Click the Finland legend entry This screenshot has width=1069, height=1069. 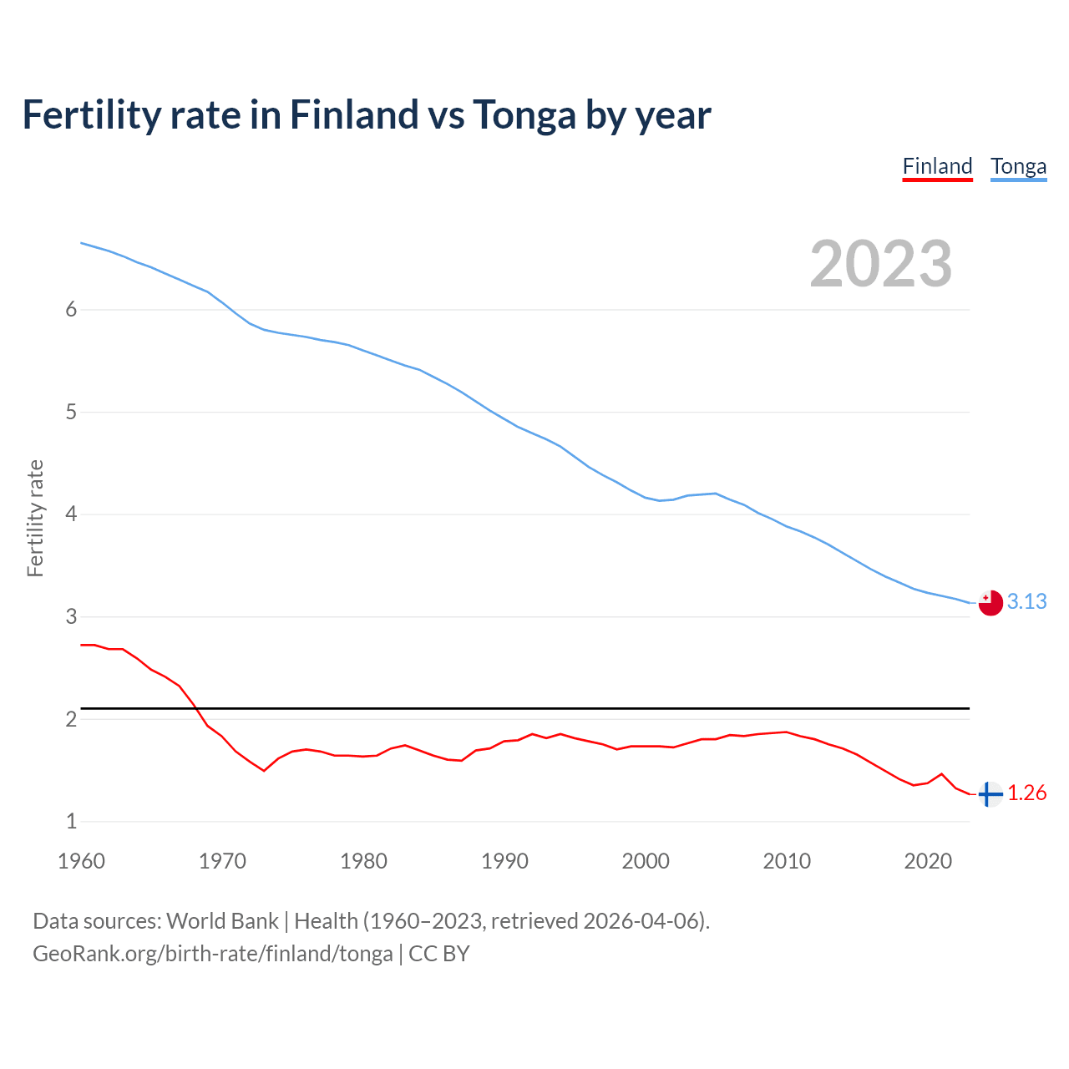click(x=937, y=166)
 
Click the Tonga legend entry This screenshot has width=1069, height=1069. click(x=1018, y=166)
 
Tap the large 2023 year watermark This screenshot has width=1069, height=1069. click(x=880, y=264)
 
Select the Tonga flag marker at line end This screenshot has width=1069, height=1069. click(x=990, y=602)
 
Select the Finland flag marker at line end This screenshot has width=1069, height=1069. click(x=990, y=793)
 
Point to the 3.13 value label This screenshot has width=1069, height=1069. click(x=1026, y=602)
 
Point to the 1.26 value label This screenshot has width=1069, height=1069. click(x=1026, y=793)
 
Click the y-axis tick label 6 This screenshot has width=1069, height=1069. click(x=71, y=310)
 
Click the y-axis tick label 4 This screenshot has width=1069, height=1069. click(x=71, y=514)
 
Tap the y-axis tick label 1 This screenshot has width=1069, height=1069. click(x=71, y=822)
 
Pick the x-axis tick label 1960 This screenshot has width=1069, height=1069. click(x=81, y=861)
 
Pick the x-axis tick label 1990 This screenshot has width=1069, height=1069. click(x=504, y=861)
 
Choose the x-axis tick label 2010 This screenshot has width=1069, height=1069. click(x=787, y=861)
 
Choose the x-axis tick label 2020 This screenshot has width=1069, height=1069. click(x=928, y=861)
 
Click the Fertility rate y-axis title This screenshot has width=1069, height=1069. click(x=35, y=518)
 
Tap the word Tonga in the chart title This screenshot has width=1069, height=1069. click(x=524, y=114)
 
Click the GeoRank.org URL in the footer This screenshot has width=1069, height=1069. click(x=212, y=954)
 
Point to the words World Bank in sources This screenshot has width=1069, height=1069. click(x=222, y=921)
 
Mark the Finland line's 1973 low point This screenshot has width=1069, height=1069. click(x=264, y=770)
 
